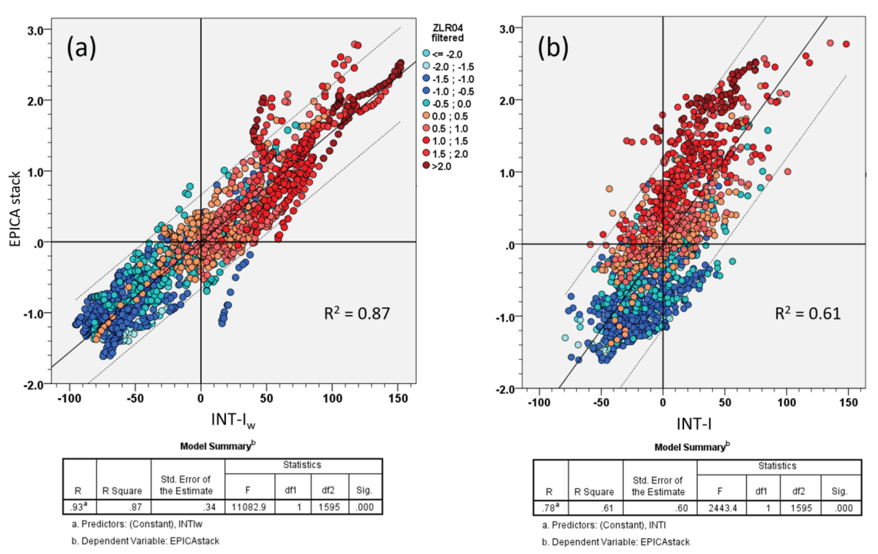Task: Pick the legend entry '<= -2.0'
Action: pyautogui.click(x=447, y=54)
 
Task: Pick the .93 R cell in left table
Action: pyautogui.click(x=78, y=507)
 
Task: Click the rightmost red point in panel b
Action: pyautogui.click(x=846, y=44)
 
